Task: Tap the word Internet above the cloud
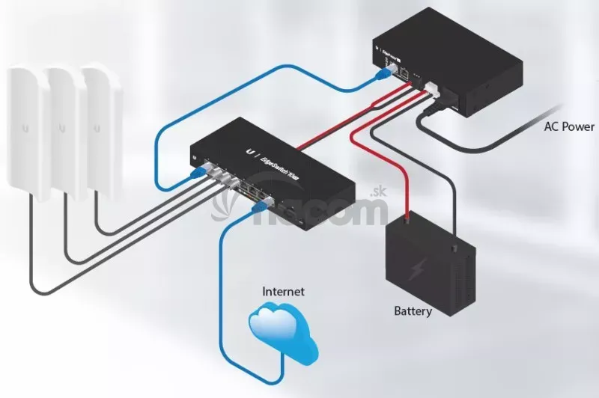tap(283, 291)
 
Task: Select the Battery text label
tap(413, 310)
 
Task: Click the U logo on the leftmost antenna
tap(25, 129)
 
